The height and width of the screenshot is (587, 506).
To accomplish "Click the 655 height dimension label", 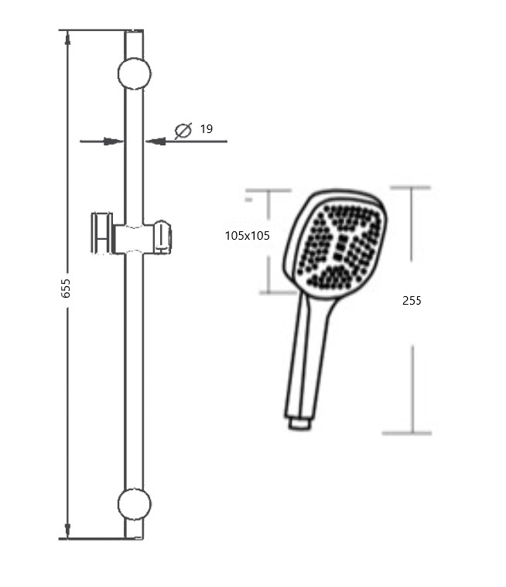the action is click(x=66, y=288).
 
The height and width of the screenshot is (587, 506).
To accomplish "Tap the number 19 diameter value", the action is click(x=207, y=129).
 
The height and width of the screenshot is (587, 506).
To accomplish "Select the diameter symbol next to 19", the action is click(x=183, y=130).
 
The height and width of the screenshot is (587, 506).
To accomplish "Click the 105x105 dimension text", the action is click(x=247, y=236).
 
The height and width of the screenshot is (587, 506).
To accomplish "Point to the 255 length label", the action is click(x=412, y=301).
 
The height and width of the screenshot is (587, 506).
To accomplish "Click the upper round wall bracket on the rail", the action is click(x=134, y=73).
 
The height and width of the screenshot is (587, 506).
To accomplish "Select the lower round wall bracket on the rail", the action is click(x=134, y=504).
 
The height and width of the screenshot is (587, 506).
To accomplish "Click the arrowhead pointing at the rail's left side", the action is click(x=114, y=142).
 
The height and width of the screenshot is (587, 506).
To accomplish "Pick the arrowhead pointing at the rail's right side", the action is click(x=155, y=142).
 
